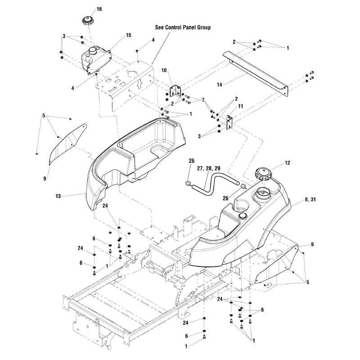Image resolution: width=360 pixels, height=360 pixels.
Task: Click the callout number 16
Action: [x=99, y=9]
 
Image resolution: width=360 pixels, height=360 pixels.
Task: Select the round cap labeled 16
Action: [x=86, y=21]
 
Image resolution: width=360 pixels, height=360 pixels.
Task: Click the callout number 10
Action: [x=164, y=70]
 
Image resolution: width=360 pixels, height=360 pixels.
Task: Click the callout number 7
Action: [x=203, y=100]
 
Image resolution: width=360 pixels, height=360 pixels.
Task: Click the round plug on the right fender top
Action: [x=243, y=216]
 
